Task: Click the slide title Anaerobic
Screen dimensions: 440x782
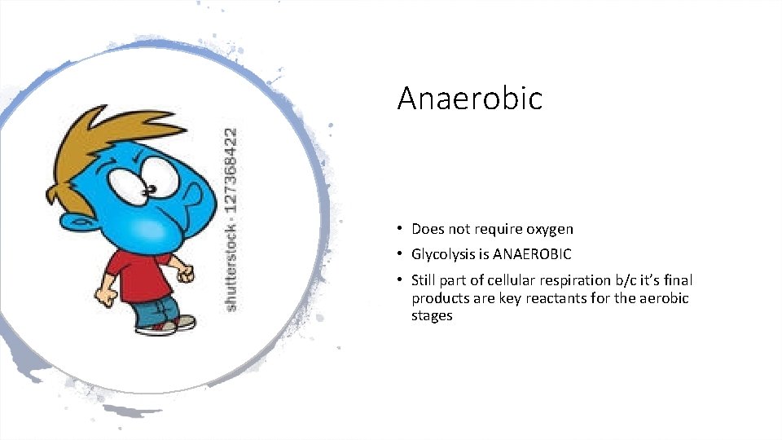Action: (x=469, y=99)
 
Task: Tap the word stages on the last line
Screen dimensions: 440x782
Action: (x=432, y=316)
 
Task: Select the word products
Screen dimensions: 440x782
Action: (x=441, y=298)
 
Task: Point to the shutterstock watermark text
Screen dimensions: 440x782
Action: (x=232, y=218)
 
